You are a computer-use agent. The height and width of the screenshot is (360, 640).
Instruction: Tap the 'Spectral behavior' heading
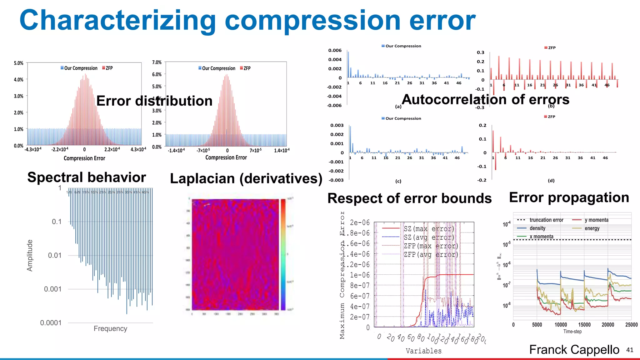[87, 177]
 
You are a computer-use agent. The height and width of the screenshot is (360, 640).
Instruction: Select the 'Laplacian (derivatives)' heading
[246, 178]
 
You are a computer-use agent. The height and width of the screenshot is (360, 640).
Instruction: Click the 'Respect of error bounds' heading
[409, 198]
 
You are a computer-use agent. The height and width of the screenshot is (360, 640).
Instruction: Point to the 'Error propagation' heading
[569, 197]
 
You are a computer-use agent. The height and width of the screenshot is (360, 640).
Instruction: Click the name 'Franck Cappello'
[574, 349]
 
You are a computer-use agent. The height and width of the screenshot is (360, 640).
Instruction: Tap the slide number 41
[630, 350]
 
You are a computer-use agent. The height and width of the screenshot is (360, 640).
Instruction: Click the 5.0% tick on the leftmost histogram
[18, 63]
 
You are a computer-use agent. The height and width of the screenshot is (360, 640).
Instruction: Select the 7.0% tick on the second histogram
[157, 62]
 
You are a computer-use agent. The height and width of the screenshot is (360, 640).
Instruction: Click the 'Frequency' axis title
[110, 328]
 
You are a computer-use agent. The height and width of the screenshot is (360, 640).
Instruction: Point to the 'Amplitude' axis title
[30, 255]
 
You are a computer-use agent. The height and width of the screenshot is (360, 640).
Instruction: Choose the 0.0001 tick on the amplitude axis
[51, 322]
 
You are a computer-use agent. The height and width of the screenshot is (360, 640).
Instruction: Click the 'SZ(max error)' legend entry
[428, 229]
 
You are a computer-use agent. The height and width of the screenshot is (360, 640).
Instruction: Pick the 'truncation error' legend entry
[546, 220]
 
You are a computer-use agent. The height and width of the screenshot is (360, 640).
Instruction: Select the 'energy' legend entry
[592, 228]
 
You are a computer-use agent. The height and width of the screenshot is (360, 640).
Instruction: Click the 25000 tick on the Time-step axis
[631, 325]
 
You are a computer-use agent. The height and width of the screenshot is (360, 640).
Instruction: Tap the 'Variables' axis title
[423, 351]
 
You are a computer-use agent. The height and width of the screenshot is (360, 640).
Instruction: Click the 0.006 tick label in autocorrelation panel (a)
[335, 50]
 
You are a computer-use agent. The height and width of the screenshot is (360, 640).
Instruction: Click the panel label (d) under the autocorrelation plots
[551, 181]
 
